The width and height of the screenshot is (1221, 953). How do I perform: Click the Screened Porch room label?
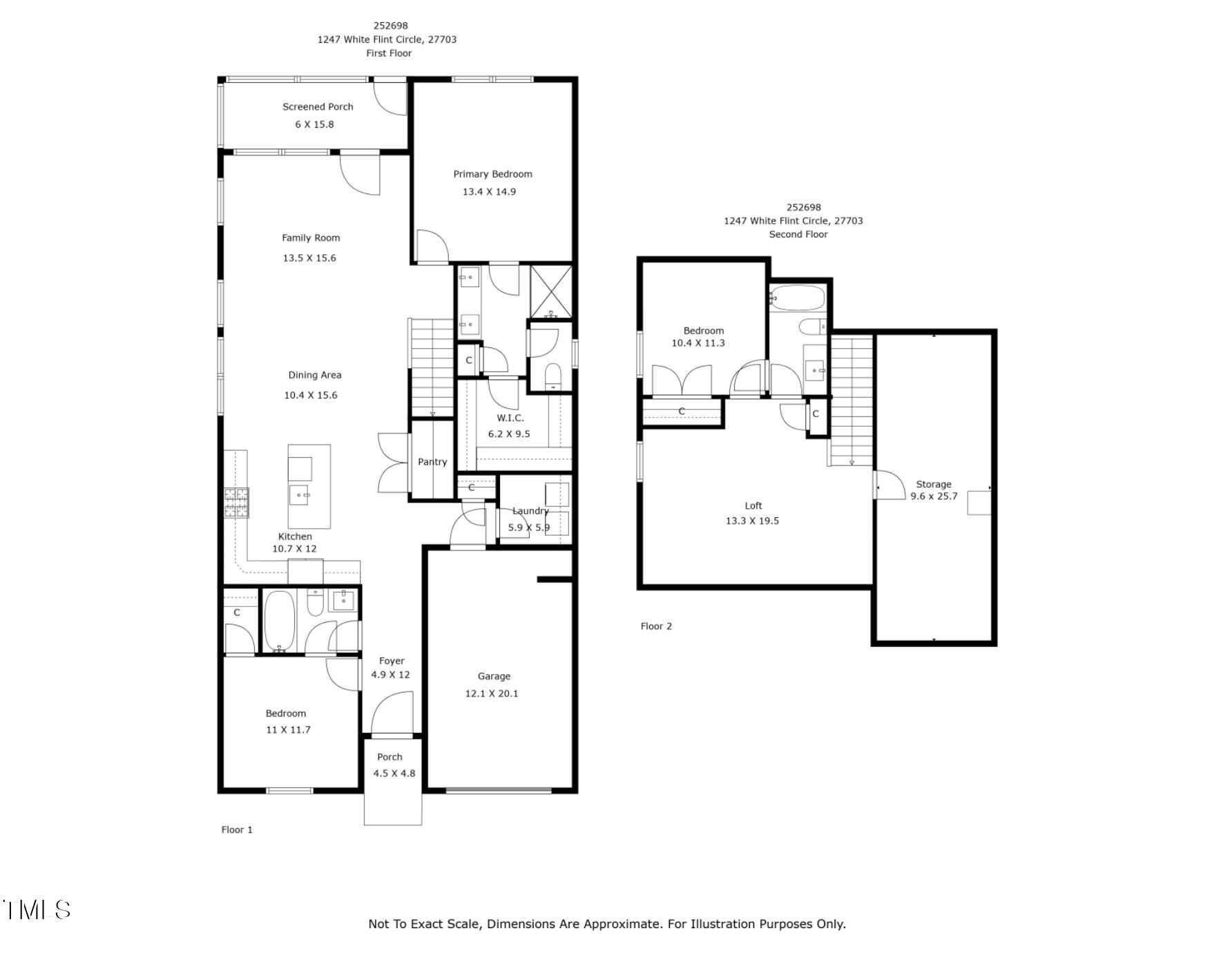pos(318,106)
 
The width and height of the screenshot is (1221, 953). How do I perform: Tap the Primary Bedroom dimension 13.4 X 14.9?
pos(489,191)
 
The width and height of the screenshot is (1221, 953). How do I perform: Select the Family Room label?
pos(311,238)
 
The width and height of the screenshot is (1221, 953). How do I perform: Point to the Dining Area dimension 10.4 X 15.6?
pos(311,395)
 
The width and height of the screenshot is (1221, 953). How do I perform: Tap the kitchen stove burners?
pos(236,503)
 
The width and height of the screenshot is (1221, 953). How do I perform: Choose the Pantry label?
pos(432,462)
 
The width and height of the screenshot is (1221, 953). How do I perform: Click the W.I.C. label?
pos(510,418)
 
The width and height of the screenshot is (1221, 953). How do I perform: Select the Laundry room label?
pos(530,511)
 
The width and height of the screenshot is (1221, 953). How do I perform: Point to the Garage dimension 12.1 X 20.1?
pos(492,693)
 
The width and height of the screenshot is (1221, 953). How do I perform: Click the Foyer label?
pos(392,661)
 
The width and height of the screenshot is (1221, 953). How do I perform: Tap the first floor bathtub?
pos(280,621)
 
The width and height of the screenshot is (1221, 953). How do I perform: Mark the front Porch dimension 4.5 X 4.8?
pos(394,773)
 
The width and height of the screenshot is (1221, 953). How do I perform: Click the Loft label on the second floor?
pos(753,506)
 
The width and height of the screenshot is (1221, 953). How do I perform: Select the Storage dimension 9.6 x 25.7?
pos(934,496)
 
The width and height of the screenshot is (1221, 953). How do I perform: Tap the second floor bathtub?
pos(798,299)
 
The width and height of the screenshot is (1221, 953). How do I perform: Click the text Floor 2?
pos(656,626)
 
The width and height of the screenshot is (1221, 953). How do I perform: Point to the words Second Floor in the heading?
pos(798,234)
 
